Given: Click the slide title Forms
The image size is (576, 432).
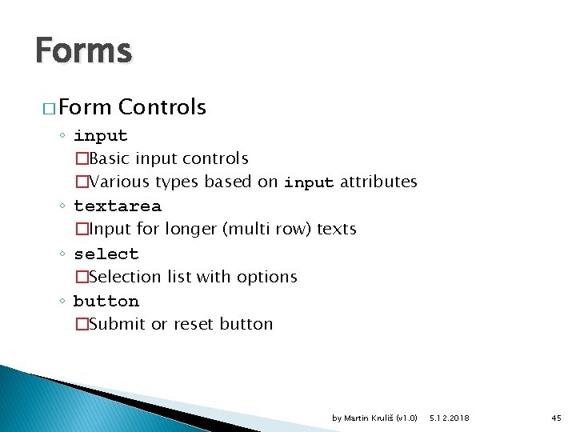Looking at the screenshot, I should pyautogui.click(x=83, y=51).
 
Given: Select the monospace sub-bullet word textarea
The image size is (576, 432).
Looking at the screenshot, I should pyautogui.click(x=117, y=206).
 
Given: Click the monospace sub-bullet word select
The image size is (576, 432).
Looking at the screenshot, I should pyautogui.click(x=106, y=254).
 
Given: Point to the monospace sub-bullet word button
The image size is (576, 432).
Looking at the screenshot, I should pyautogui.click(x=106, y=301).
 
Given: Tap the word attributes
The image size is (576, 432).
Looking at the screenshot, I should pyautogui.click(x=378, y=182).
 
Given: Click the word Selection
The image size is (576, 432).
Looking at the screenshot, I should pyautogui.click(x=126, y=277).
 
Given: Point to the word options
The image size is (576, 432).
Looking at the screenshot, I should pyautogui.click(x=270, y=277).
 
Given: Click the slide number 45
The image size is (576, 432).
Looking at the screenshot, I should pyautogui.click(x=557, y=418).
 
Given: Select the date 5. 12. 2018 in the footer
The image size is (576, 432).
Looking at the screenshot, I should pyautogui.click(x=450, y=418).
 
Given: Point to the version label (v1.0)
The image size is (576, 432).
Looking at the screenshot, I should pyautogui.click(x=406, y=418).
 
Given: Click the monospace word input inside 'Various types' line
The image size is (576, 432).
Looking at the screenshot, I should pyautogui.click(x=309, y=182).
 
